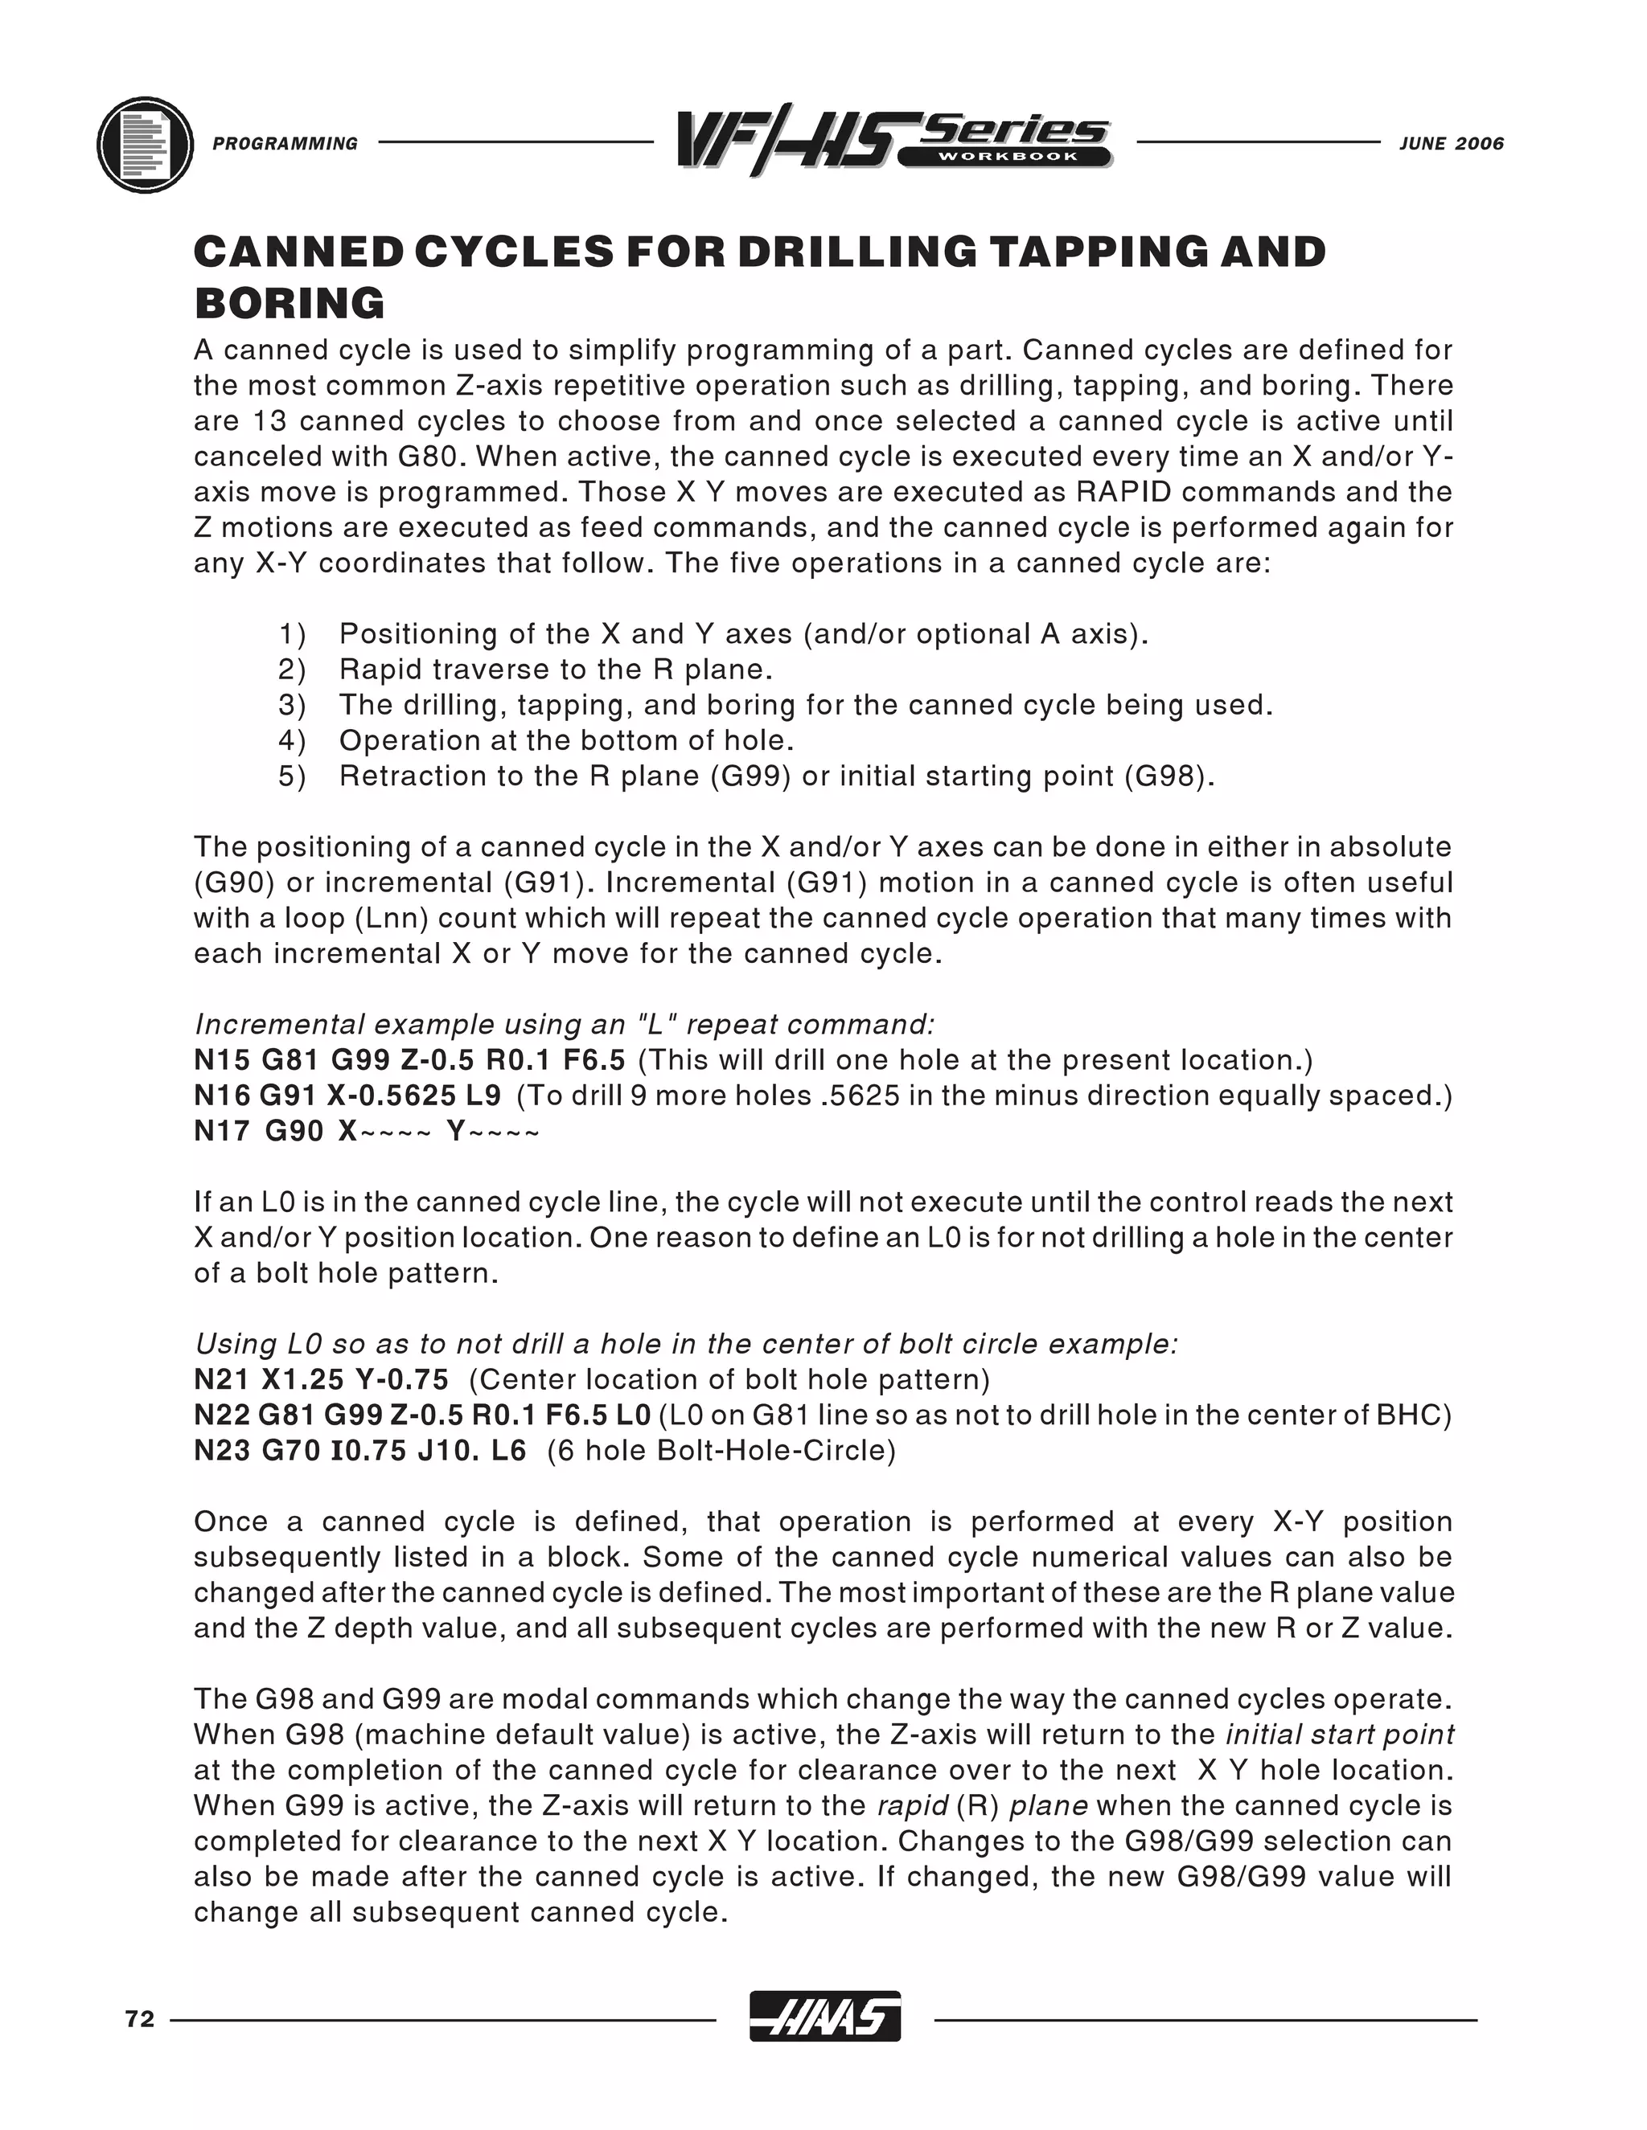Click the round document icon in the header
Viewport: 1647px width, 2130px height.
pos(146,145)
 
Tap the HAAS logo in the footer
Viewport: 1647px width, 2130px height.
pos(824,2017)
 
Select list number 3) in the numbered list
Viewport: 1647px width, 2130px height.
pos(292,705)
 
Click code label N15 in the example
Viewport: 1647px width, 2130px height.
pos(220,1060)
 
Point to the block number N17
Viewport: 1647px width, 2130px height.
pos(220,1132)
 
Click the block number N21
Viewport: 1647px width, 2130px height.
pos(220,1379)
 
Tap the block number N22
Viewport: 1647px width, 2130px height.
pos(220,1415)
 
